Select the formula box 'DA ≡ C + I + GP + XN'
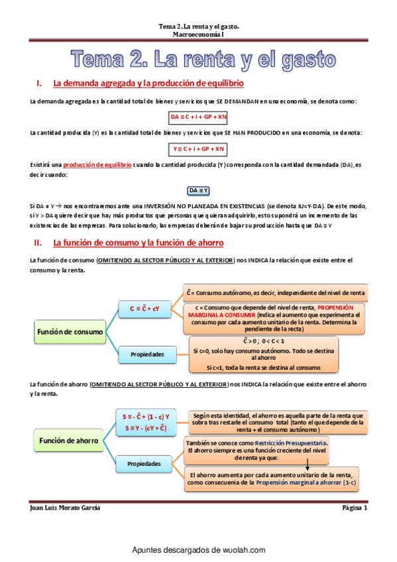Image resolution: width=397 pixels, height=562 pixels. [198, 117]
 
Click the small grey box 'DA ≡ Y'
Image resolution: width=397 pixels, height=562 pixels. [199, 191]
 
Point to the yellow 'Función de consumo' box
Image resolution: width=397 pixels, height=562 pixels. [70, 331]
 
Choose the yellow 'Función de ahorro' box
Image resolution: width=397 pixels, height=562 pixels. [69, 440]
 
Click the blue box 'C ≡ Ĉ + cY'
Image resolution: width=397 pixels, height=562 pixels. [148, 308]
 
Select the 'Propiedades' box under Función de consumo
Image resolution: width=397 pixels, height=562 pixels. [146, 354]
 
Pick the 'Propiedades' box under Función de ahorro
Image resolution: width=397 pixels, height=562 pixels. [146, 463]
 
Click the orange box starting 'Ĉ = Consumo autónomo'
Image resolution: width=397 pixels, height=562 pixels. [275, 292]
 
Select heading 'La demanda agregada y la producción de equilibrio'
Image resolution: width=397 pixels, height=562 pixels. [148, 84]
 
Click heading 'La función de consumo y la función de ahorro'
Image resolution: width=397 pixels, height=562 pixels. [139, 243]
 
